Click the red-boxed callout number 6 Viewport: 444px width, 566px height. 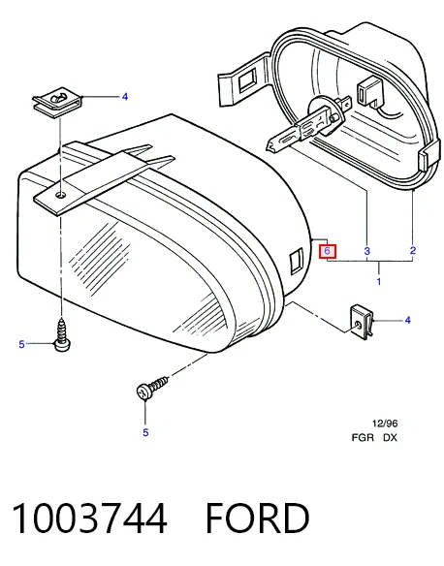click(327, 251)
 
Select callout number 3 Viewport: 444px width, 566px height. click(366, 251)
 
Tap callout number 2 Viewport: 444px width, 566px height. click(413, 250)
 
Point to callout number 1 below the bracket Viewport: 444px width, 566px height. click(379, 281)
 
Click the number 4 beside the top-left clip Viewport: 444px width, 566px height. click(124, 97)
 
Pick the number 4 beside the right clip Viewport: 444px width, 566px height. click(407, 320)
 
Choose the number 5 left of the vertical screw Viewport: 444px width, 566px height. click(21, 344)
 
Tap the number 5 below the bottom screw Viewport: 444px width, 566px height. click(145, 432)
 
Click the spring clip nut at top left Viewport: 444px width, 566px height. click(58, 102)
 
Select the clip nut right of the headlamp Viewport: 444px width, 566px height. click(362, 322)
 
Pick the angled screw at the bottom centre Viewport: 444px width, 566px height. click(151, 387)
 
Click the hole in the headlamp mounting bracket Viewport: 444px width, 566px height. click(61, 195)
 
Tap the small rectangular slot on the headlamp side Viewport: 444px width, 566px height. click(296, 260)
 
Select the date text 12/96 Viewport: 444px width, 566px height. click(385, 424)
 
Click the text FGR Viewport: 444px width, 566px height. click(363, 438)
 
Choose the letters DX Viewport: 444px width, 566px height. click(390, 438)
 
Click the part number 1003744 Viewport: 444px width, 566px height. click(89, 519)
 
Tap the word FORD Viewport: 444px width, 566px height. click(257, 519)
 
